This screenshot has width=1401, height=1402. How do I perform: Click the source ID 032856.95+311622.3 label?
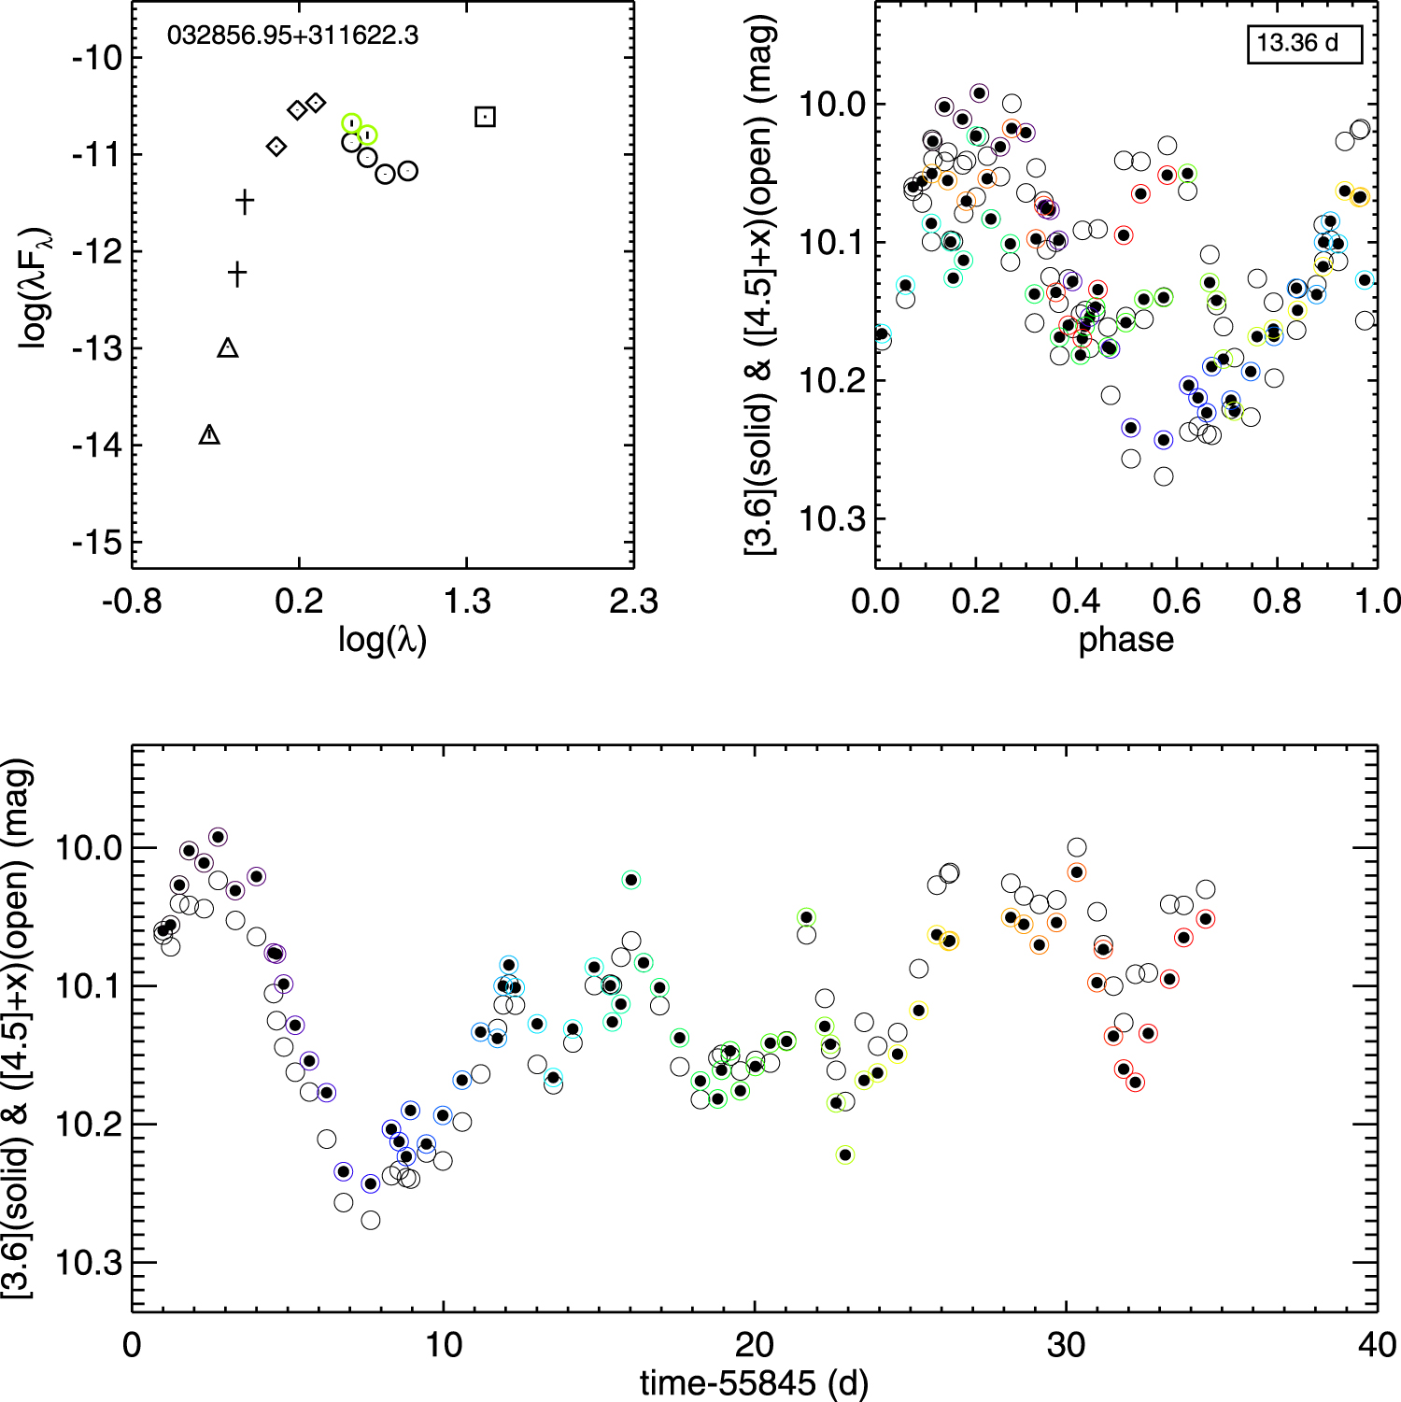pyautogui.click(x=292, y=36)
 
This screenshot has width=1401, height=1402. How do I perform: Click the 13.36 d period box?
pyautogui.click(x=1305, y=43)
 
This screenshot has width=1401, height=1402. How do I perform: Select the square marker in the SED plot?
pyautogui.click(x=485, y=117)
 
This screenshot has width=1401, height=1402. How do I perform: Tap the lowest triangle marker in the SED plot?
pyautogui.click(x=209, y=434)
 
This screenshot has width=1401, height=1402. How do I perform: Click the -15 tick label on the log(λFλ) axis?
pyautogui.click(x=98, y=542)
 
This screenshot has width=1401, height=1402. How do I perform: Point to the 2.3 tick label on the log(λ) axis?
pyautogui.click(x=633, y=602)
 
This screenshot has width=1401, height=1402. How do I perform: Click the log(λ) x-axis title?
pyautogui.click(x=382, y=640)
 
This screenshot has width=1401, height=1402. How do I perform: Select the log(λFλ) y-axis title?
pyautogui.click(x=35, y=288)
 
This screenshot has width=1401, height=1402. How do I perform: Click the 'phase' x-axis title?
pyautogui.click(x=1125, y=640)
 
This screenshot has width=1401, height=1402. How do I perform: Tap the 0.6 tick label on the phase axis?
pyautogui.click(x=1177, y=602)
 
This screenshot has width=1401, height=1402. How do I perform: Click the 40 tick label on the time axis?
pyautogui.click(x=1377, y=1345)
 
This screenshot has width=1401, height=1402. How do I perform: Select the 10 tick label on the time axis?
pyautogui.click(x=443, y=1345)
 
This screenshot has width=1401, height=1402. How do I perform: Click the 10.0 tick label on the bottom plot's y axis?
pyautogui.click(x=89, y=848)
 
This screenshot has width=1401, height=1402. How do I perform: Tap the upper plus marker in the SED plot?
pyautogui.click(x=245, y=201)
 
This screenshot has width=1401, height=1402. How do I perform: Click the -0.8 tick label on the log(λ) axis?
pyautogui.click(x=132, y=602)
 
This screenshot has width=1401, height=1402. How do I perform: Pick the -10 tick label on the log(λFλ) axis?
pyautogui.click(x=98, y=58)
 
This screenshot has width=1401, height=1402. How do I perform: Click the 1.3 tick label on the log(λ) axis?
pyautogui.click(x=466, y=602)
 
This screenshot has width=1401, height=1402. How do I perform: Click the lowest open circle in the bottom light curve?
pyautogui.click(x=371, y=1220)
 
